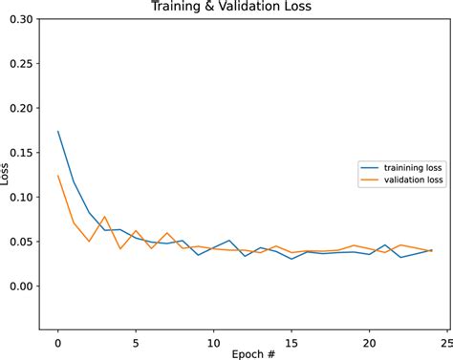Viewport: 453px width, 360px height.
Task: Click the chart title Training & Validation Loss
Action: [x=244, y=8]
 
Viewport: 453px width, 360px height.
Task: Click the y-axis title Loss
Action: [x=8, y=175]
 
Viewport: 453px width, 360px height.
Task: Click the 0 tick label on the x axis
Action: [x=58, y=338]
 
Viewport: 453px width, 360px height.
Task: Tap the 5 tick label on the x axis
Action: [x=136, y=338]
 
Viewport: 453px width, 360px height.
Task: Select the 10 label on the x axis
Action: [x=213, y=338]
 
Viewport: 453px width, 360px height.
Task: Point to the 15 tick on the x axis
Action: [x=291, y=338]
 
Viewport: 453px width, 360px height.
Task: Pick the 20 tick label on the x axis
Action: [x=369, y=338]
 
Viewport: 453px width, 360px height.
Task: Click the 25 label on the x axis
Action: [x=446, y=338]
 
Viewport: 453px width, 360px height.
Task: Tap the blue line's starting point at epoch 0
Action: [x=58, y=132]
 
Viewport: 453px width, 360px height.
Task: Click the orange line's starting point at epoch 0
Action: [x=58, y=176]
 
